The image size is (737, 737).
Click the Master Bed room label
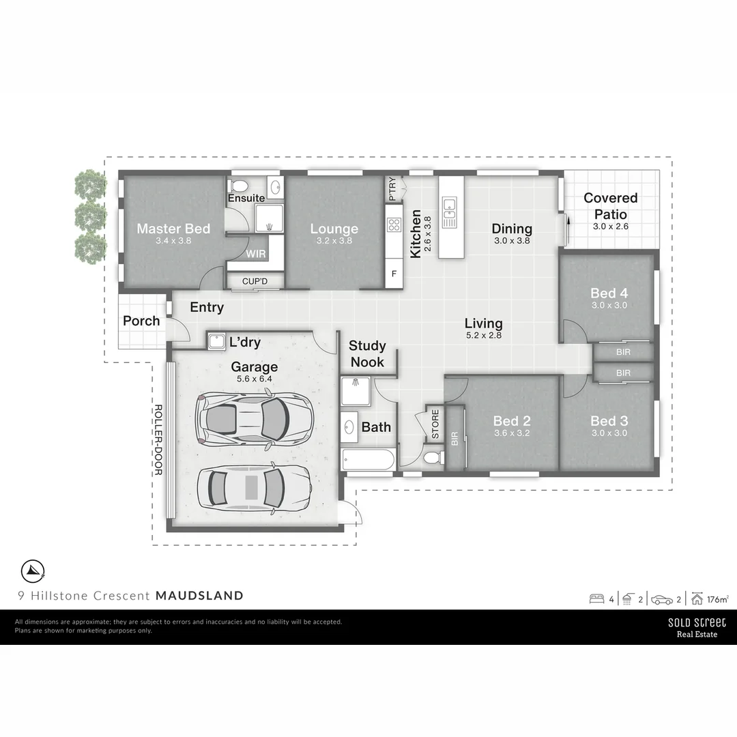(173, 229)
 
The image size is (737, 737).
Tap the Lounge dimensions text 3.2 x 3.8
(334, 241)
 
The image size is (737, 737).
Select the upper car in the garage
(253, 418)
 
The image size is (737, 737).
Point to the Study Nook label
(367, 353)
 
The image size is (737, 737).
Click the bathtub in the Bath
(368, 459)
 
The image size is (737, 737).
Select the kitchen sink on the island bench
(449, 212)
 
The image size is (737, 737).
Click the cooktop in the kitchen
(394, 225)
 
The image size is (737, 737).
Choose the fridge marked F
(394, 274)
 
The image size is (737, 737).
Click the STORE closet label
(435, 423)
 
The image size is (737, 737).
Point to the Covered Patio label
(610, 205)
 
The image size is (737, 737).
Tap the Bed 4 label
(609, 293)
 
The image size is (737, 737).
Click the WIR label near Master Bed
(256, 253)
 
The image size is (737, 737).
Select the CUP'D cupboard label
(254, 281)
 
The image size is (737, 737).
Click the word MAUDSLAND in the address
(199, 595)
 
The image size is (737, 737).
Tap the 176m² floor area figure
(717, 600)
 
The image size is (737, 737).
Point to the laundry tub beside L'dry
(217, 340)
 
